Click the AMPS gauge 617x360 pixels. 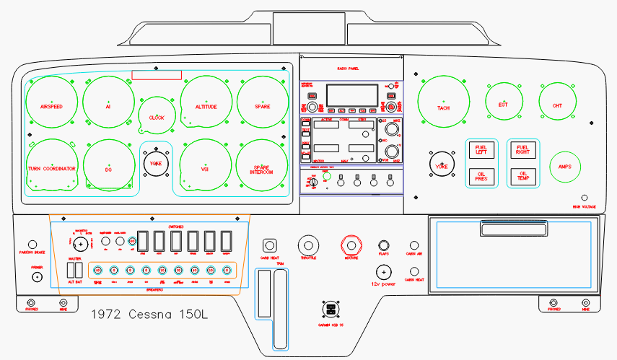[x=564, y=167]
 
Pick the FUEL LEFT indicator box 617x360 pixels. [x=481, y=150]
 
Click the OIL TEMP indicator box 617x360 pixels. [x=522, y=175]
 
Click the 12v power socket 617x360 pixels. [x=383, y=273]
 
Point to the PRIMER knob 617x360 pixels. [x=37, y=277]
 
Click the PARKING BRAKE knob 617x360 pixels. [x=32, y=245]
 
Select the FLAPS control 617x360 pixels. [x=384, y=245]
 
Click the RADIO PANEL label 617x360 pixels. [x=348, y=69]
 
